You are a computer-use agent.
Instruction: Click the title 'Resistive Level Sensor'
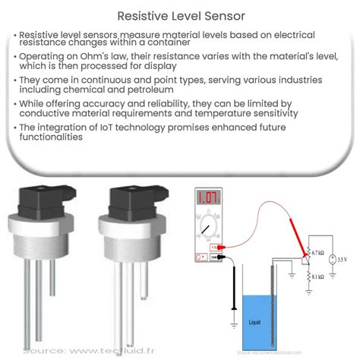pos(180,14)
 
